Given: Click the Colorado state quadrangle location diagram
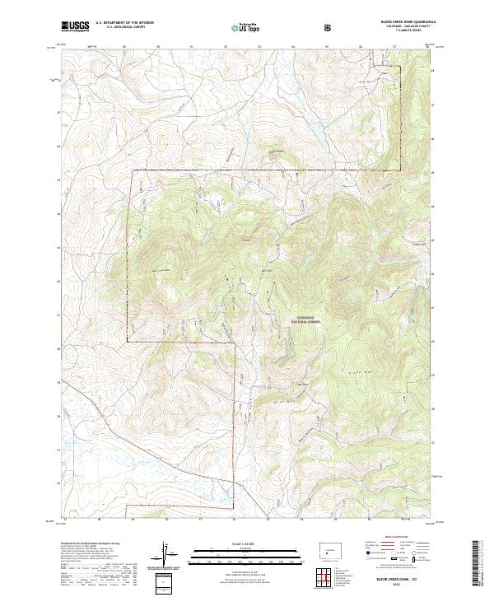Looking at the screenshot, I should (x=329, y=551).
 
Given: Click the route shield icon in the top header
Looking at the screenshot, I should (x=330, y=26).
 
